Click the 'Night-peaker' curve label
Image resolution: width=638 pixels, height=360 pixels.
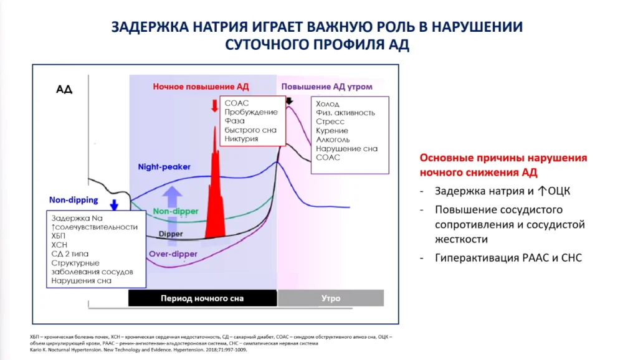pos(164,167)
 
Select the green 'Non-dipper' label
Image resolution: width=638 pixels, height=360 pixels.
pos(175,211)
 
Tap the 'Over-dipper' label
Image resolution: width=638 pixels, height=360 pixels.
pos(173,254)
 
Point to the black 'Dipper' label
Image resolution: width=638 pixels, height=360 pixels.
pos(171,234)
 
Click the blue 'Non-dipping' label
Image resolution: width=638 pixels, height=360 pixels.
pos(74,200)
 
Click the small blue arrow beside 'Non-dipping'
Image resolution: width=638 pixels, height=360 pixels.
pos(115,205)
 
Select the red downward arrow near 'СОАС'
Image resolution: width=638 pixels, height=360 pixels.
pos(214,106)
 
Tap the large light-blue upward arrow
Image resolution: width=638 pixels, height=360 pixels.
pos(172,216)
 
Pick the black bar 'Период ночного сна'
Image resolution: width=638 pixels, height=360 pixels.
pos(202,298)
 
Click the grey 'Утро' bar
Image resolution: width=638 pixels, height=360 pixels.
pos(331,298)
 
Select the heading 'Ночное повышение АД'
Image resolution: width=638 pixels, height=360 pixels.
pos(201,87)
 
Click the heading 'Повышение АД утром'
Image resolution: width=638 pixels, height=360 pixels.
pos(326,87)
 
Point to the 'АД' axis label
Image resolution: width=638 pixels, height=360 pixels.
pos(64,90)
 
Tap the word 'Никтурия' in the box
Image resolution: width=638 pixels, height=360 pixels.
pos(241,139)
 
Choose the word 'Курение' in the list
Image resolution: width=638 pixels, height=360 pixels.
pos(332,131)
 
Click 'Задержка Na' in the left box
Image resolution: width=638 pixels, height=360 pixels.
pos(77,219)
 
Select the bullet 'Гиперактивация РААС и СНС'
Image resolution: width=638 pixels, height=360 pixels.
pos(508,258)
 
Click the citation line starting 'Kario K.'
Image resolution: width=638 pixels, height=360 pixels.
pos(138,350)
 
